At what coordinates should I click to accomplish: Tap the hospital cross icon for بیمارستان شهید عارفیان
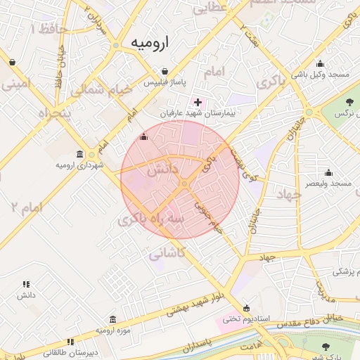(198, 102)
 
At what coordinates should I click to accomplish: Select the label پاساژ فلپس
(164, 84)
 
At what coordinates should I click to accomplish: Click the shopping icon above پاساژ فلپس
(165, 71)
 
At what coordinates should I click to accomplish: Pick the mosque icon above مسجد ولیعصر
(328, 172)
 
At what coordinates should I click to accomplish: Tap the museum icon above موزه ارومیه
(112, 320)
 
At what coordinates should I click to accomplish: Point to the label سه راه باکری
(152, 219)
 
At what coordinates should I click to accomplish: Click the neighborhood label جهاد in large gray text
(289, 193)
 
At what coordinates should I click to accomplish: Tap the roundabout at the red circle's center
(184, 184)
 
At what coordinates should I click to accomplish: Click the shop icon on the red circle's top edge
(144, 137)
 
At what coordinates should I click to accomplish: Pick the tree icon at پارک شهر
(326, 347)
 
